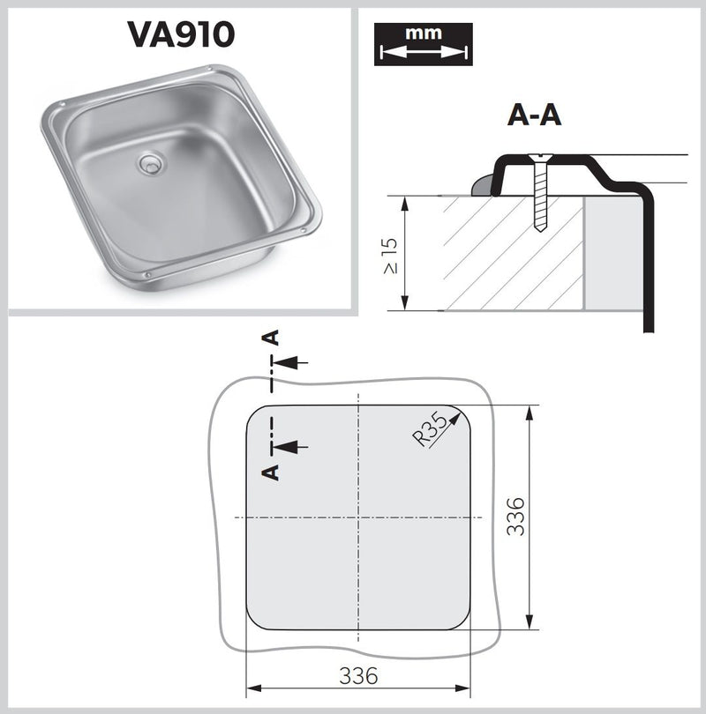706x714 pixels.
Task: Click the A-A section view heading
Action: pyautogui.click(x=536, y=115)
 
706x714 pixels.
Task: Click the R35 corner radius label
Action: pyautogui.click(x=433, y=432)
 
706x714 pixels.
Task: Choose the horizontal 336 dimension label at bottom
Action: pyautogui.click(x=358, y=676)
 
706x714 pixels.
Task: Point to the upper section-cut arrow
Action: pyautogui.click(x=290, y=361)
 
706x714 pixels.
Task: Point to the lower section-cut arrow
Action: pyautogui.click(x=290, y=447)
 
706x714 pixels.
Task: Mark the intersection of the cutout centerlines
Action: pyautogui.click(x=358, y=517)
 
